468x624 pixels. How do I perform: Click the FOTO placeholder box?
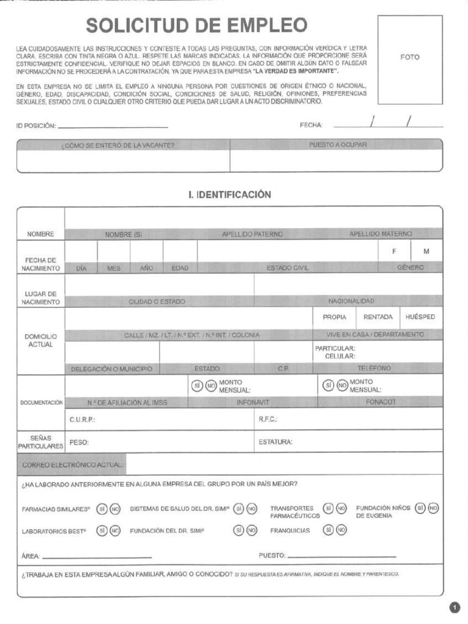click(x=409, y=59)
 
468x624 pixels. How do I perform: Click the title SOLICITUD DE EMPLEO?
click(x=196, y=26)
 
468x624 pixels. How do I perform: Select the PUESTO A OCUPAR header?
click(x=338, y=145)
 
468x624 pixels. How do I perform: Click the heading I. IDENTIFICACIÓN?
click(x=230, y=194)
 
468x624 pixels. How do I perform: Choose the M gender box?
click(x=426, y=251)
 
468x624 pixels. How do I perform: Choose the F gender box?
click(x=394, y=251)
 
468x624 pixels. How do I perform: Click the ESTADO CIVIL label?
click(x=288, y=268)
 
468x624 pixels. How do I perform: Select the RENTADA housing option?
click(x=378, y=317)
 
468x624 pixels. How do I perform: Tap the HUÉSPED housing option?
click(x=420, y=317)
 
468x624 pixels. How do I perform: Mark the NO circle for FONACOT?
click(x=342, y=385)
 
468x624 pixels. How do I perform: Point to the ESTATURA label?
click(x=275, y=442)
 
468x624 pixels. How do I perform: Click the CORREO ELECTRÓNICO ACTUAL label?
click(x=73, y=464)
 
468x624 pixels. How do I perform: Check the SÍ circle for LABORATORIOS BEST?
click(x=102, y=530)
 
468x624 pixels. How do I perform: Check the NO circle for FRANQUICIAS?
click(x=341, y=530)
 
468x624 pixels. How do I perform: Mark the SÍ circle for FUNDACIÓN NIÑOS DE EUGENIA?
click(x=420, y=508)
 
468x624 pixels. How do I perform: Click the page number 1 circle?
click(x=455, y=607)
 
